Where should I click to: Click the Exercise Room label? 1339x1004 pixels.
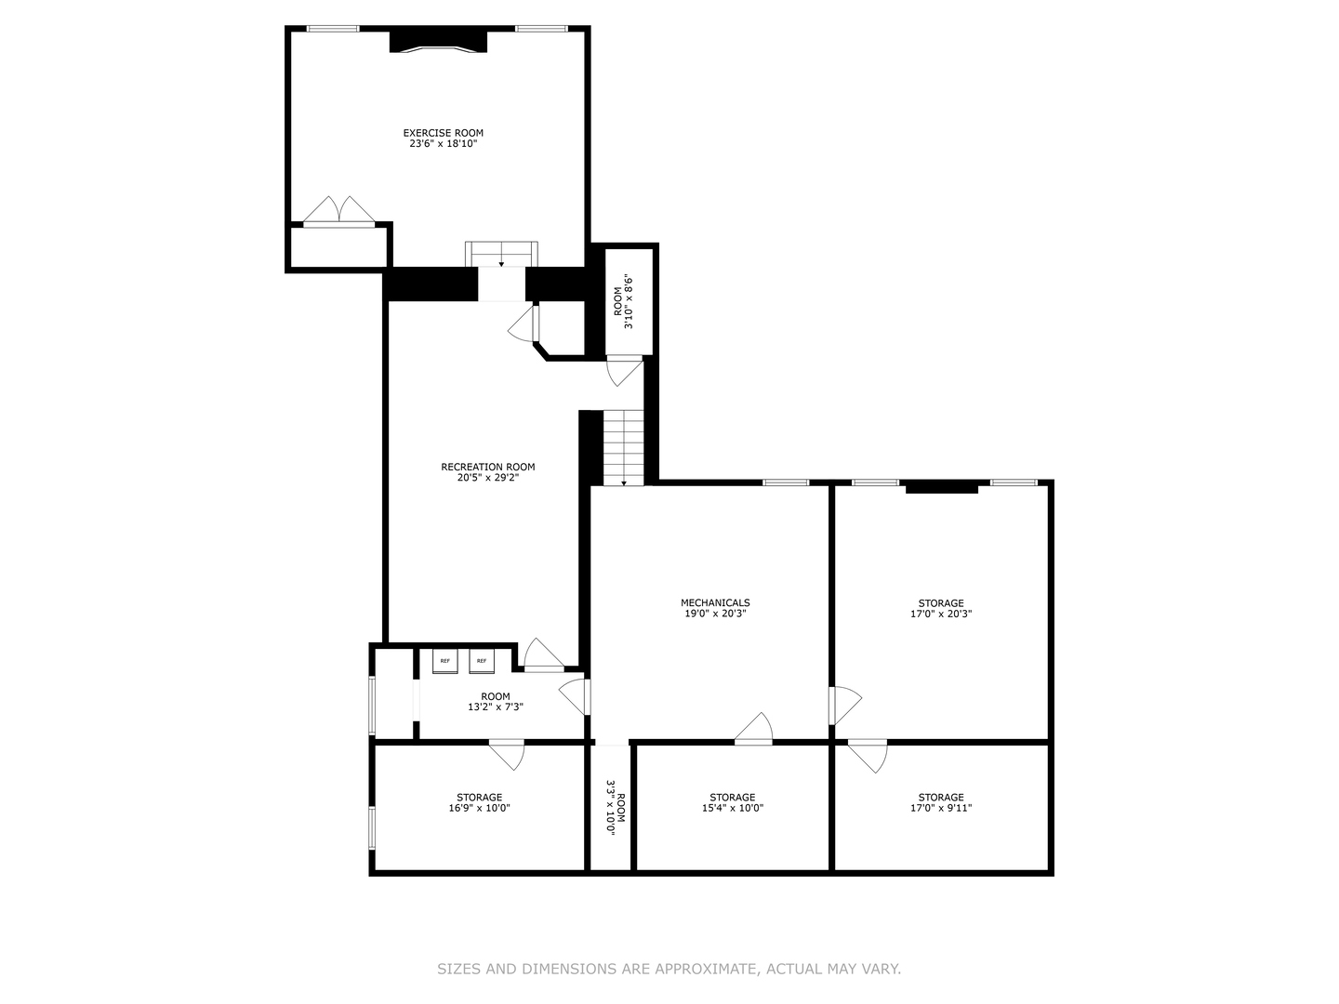443,133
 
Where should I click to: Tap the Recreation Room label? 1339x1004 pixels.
487,467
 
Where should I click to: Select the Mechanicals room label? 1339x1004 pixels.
714,602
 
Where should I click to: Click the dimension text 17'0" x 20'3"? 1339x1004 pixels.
940,614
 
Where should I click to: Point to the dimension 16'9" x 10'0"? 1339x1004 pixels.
479,808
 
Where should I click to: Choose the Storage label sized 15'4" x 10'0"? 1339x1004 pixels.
732,798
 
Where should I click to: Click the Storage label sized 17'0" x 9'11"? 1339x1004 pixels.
940,798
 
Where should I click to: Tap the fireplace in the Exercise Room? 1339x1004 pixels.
438,41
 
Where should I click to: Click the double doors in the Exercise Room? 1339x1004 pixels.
339,211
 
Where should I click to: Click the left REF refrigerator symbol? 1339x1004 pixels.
445,660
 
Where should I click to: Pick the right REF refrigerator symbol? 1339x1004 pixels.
482,660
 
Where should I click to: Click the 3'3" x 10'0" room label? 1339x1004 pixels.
615,806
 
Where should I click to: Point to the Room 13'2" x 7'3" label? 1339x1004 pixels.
495,702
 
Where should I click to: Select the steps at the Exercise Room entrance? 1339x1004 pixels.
501,254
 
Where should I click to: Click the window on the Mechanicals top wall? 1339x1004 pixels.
786,482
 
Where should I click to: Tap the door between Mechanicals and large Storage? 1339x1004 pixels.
843,705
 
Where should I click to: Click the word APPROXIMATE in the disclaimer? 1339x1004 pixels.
706,969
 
